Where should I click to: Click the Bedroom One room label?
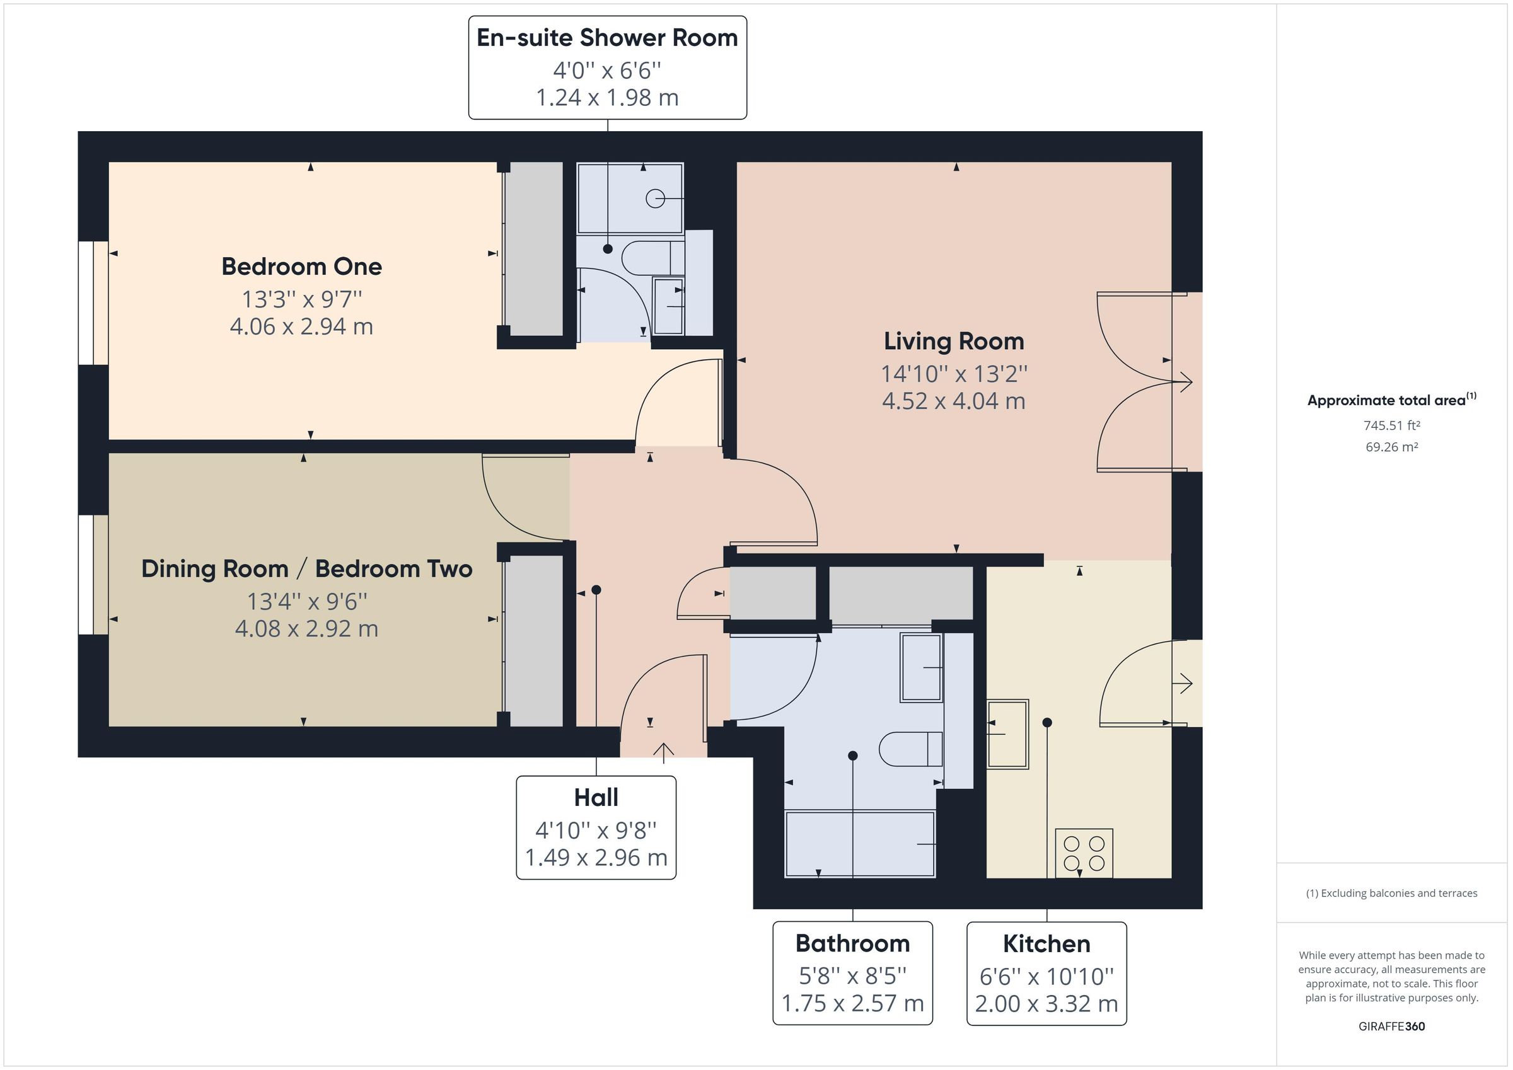pyautogui.click(x=301, y=267)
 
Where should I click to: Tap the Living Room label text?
pyautogui.click(x=954, y=342)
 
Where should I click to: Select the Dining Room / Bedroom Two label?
pyautogui.click(x=306, y=568)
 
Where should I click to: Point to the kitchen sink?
pyautogui.click(x=1007, y=733)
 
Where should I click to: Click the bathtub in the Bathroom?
pyautogui.click(x=859, y=844)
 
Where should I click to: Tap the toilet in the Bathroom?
pyautogui.click(x=910, y=749)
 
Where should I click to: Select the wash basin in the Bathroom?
pyautogui.click(x=920, y=667)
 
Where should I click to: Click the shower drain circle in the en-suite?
pyautogui.click(x=654, y=198)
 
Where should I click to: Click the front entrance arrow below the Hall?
pyautogui.click(x=663, y=751)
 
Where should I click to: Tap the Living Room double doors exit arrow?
pyautogui.click(x=1184, y=381)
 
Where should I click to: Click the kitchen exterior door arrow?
pyautogui.click(x=1184, y=683)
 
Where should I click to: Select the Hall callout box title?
pyautogui.click(x=596, y=798)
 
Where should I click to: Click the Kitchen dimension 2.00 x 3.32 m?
pyautogui.click(x=1046, y=1003)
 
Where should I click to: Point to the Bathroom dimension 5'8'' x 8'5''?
pyautogui.click(x=852, y=974)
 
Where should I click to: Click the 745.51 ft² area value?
pyautogui.click(x=1391, y=425)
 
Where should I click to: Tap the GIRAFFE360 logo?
pyautogui.click(x=1391, y=1027)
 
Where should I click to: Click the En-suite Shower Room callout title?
pyautogui.click(x=607, y=38)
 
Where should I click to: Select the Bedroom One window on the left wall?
pyautogui.click(x=86, y=303)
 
